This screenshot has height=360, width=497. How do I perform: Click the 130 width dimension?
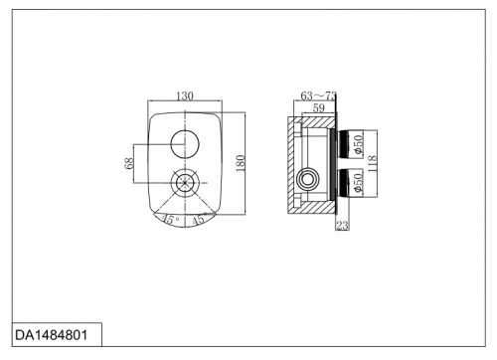[x=185, y=95]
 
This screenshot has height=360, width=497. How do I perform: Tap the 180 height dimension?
[x=241, y=163]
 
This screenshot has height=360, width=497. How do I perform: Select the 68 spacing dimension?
[x=129, y=163]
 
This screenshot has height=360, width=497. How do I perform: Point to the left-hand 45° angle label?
[x=170, y=220]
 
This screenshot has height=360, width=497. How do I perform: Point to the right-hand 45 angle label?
[x=199, y=220]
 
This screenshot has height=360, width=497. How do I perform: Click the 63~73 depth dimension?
[x=318, y=95]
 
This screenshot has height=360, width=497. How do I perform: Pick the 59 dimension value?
[x=319, y=107]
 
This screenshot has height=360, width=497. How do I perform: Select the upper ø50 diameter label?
[x=359, y=144]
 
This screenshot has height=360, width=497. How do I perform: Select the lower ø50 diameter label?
[x=359, y=183]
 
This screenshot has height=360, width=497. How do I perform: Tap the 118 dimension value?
[x=372, y=163]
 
